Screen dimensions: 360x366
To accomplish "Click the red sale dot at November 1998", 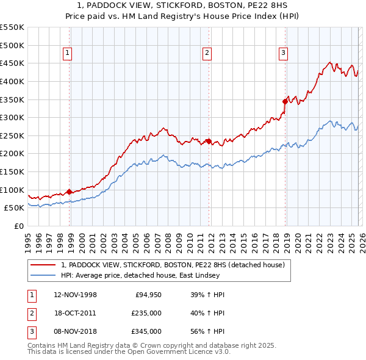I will pyautogui.click(x=69, y=191).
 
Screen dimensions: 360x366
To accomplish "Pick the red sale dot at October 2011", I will pyautogui.click(x=209, y=141).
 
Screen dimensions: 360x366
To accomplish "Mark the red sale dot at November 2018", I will pyautogui.click(x=285, y=101).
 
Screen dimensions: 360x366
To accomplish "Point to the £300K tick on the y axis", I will pyautogui.click(x=12, y=117).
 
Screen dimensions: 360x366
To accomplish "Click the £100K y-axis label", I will pyautogui.click(x=12, y=190).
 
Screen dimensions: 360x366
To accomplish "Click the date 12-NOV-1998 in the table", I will pyautogui.click(x=75, y=295).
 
